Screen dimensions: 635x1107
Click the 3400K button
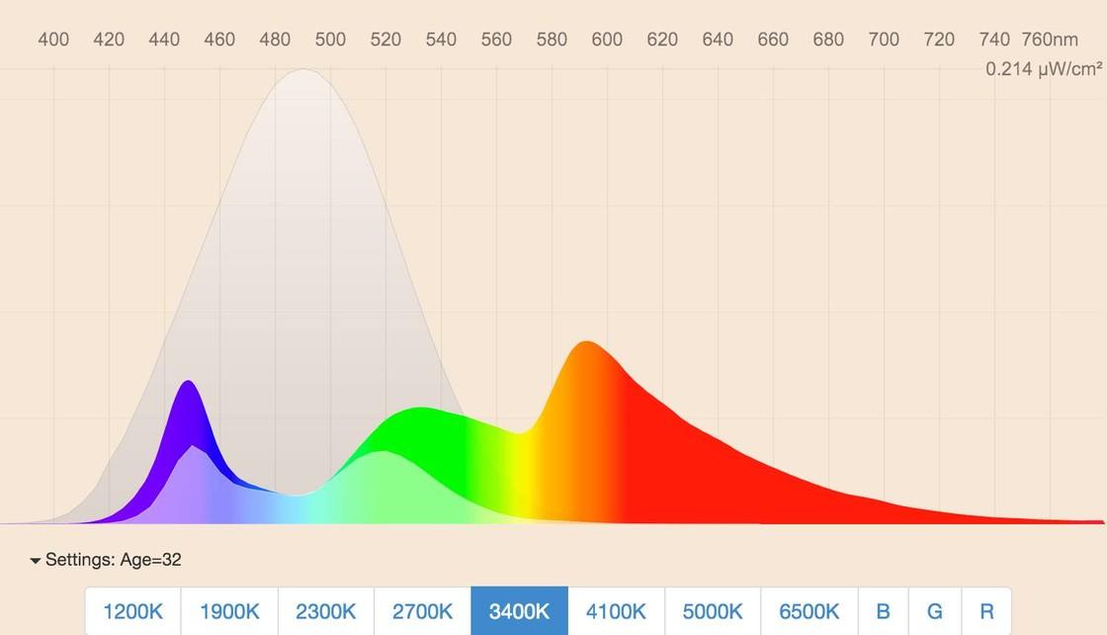click(519, 611)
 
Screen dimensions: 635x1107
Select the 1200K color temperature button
click(132, 611)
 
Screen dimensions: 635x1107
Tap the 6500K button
click(809, 611)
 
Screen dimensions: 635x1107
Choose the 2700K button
click(422, 611)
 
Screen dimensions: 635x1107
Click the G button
click(934, 611)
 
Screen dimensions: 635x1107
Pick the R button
click(986, 611)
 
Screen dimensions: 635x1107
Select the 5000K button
click(713, 611)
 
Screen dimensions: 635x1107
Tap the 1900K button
click(229, 611)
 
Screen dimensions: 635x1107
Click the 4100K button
click(616, 611)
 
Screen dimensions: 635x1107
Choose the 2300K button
click(326, 611)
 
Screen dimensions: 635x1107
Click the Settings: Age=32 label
click(113, 560)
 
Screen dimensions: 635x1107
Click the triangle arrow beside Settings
click(36, 561)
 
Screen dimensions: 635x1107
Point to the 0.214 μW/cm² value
click(1043, 69)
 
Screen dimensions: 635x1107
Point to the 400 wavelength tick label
click(53, 40)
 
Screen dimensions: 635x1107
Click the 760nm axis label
click(1050, 40)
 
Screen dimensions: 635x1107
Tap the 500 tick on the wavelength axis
click(330, 40)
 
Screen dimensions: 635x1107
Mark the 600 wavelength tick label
click(607, 40)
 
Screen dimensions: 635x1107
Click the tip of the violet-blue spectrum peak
click(188, 382)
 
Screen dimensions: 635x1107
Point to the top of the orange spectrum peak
click(587, 342)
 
